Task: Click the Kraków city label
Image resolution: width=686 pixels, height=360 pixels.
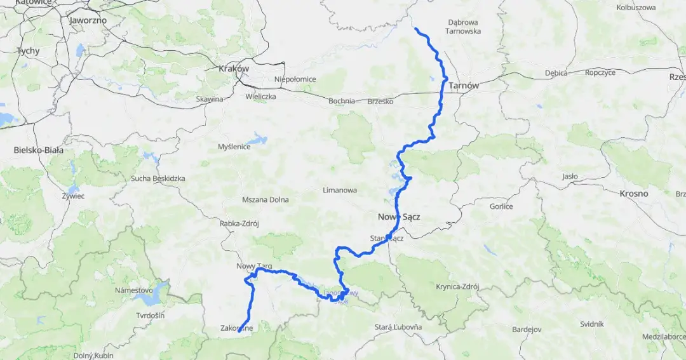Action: coord(233,69)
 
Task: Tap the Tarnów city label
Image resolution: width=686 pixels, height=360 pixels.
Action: coord(464,86)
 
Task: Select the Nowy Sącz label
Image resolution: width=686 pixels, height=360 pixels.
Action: coord(399,217)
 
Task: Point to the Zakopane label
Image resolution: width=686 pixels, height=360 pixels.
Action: coord(237,328)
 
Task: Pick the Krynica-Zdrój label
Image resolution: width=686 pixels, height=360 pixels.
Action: coord(457,287)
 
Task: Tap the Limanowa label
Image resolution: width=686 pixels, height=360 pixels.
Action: coord(340,190)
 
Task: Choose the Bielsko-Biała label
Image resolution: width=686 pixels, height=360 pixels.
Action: coord(38,150)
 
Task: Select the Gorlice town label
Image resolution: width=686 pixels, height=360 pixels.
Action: coord(501,206)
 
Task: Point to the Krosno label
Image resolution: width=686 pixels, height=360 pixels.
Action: coord(633,193)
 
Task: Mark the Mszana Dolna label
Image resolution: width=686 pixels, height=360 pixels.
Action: coord(265,199)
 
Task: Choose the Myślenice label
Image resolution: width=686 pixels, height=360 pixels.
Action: coord(234,147)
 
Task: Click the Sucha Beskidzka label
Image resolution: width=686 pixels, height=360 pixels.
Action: coord(158,178)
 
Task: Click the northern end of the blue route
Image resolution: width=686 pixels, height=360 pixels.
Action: coord(415,29)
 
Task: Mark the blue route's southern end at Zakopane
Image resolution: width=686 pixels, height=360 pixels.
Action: coord(239,331)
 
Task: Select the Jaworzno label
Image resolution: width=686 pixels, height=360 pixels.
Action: coord(88,20)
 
